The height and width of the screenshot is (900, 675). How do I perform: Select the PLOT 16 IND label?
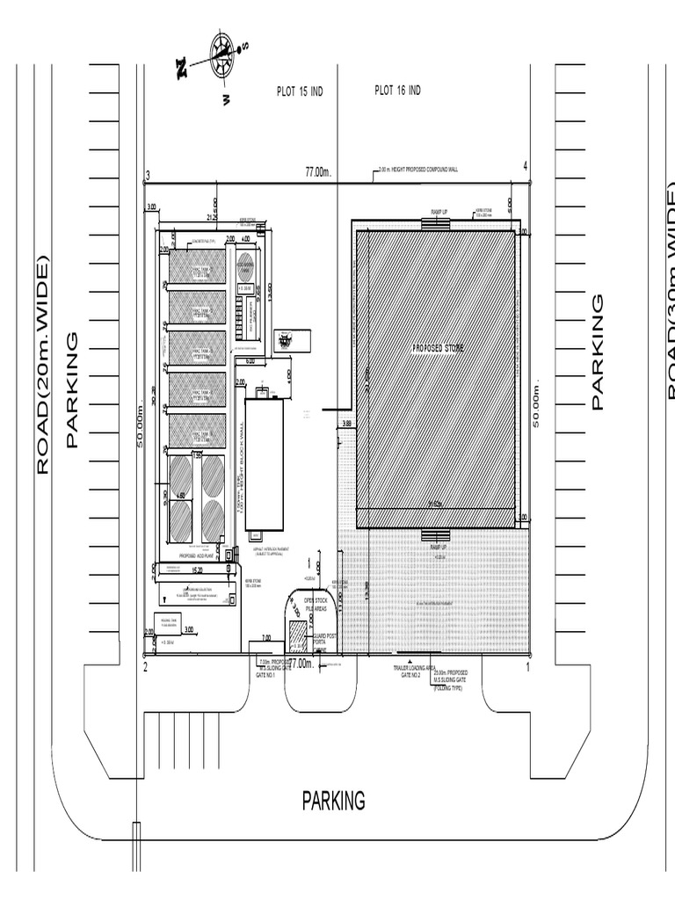pos(397,91)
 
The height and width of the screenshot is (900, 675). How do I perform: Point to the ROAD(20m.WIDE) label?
pos(41,365)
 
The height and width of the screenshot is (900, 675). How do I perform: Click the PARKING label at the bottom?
pos(333,801)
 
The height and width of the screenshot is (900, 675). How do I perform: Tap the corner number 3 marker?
pos(149,175)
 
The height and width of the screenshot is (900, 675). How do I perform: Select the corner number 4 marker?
pos(525,166)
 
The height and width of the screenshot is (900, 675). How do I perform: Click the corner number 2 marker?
pos(146,667)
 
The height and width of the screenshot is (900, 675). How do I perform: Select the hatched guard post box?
pos(297,635)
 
